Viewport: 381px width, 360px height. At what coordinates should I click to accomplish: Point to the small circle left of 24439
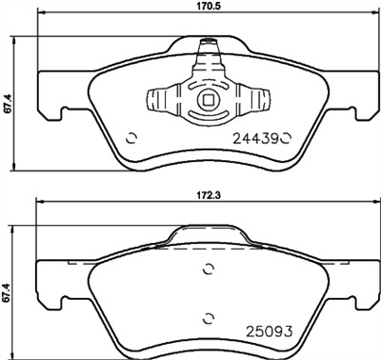click(x=131, y=134)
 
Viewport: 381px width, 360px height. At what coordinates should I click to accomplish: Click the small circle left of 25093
click(x=209, y=318)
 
